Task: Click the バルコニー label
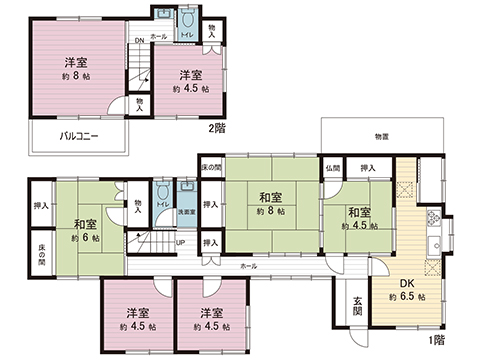(x=77, y=134)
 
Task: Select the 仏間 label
(x=332, y=168)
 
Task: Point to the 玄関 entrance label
(x=358, y=308)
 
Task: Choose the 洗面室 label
(x=185, y=212)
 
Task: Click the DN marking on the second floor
(x=140, y=40)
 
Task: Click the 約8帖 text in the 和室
(x=271, y=212)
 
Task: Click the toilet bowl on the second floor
(x=187, y=21)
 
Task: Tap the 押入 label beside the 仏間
(x=367, y=168)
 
